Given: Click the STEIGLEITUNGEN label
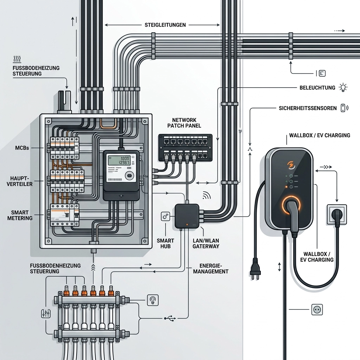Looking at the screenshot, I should (165, 25).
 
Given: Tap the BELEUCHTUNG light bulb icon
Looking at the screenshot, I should (343, 88).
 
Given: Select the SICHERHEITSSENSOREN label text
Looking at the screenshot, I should (307, 108).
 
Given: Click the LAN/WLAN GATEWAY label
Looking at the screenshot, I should (206, 243).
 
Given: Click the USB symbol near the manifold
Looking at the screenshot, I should (170, 318).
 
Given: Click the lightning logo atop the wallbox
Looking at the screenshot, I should (291, 165).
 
